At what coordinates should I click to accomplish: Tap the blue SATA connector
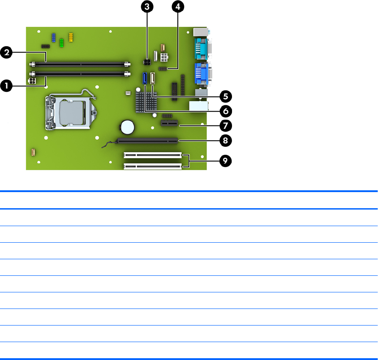click(146, 78)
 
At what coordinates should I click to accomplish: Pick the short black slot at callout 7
click(169, 124)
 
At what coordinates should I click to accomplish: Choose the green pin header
click(61, 43)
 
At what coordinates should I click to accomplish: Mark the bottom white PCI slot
click(152, 166)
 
